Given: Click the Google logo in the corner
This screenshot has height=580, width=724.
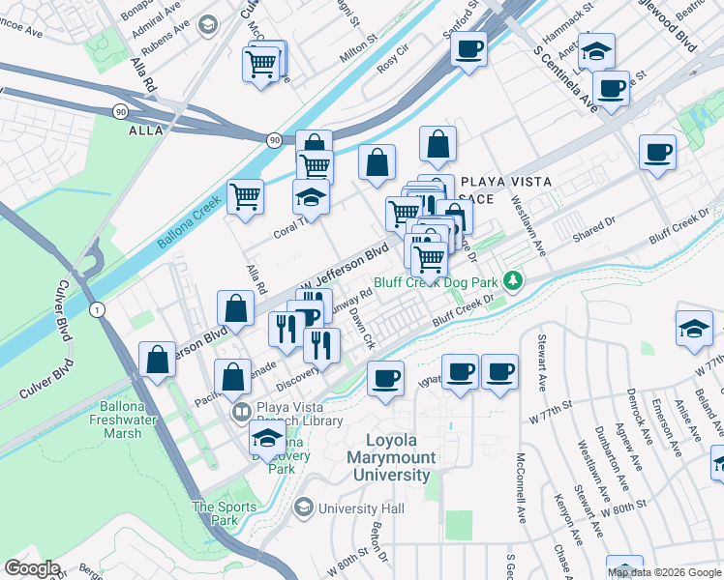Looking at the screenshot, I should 32,568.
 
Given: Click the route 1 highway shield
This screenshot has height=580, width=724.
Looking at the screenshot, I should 96,309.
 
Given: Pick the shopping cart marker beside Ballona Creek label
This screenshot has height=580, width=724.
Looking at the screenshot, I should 246,196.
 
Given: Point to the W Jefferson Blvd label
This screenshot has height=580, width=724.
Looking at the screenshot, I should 341,267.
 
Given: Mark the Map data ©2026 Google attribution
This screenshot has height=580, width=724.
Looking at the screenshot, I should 664,572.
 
